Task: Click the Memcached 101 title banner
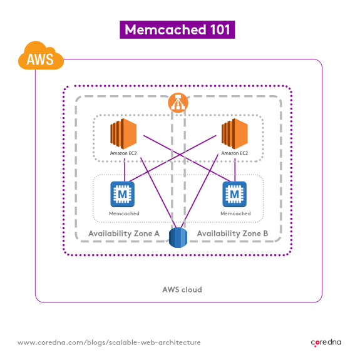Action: [180, 29]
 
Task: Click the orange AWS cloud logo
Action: [41, 59]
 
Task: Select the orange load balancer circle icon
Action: [178, 103]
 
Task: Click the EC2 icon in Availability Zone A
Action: [123, 135]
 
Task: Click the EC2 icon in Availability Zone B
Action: [235, 135]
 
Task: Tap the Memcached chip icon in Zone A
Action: [123, 195]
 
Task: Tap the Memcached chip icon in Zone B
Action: [235, 195]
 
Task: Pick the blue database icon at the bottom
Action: [180, 239]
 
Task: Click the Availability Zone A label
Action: [124, 234]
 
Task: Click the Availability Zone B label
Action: [233, 234]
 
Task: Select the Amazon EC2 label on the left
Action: [123, 153]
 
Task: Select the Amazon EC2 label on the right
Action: [235, 153]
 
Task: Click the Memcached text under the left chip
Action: [123, 213]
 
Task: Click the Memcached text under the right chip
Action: [235, 213]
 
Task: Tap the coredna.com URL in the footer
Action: [109, 342]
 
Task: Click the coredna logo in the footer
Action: [327, 342]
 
